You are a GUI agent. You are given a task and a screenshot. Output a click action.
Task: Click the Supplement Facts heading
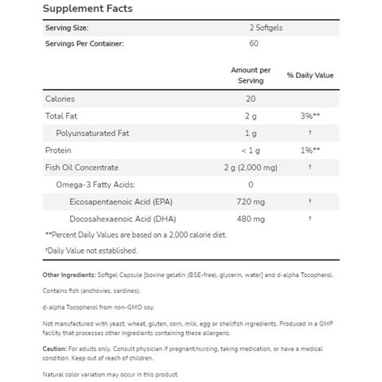[x=88, y=10]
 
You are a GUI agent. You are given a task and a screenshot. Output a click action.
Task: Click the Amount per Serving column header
[x=251, y=76]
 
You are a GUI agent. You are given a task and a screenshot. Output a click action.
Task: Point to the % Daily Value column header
[x=310, y=76]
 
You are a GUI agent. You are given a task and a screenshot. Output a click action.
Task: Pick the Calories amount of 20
[x=251, y=99]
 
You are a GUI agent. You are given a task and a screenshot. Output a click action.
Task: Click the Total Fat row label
[x=61, y=116]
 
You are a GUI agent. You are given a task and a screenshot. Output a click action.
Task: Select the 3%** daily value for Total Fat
[x=310, y=116]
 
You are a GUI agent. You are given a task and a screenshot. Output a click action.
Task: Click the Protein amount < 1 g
[x=251, y=150]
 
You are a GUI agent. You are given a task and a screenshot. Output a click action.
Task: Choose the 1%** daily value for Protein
[x=310, y=150]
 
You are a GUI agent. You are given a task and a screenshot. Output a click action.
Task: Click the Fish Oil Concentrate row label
[x=82, y=167]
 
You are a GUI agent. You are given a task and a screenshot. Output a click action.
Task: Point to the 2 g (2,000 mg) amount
[x=251, y=167]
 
